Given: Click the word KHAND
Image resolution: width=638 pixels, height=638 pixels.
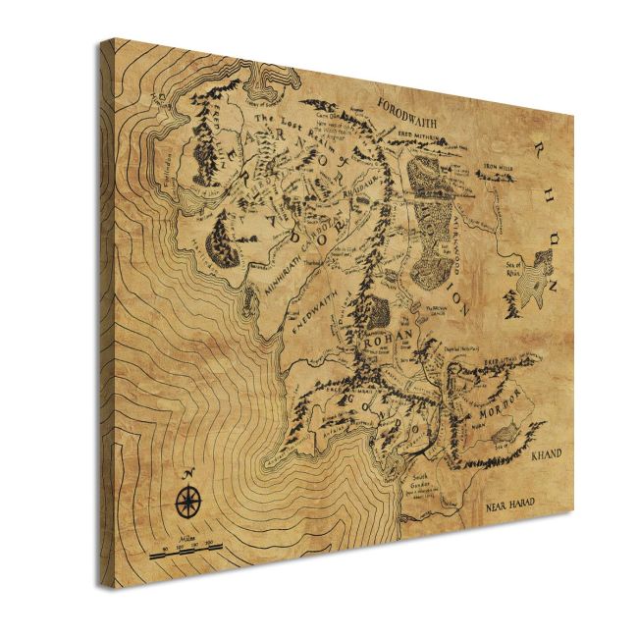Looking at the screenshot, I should point(545,454).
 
